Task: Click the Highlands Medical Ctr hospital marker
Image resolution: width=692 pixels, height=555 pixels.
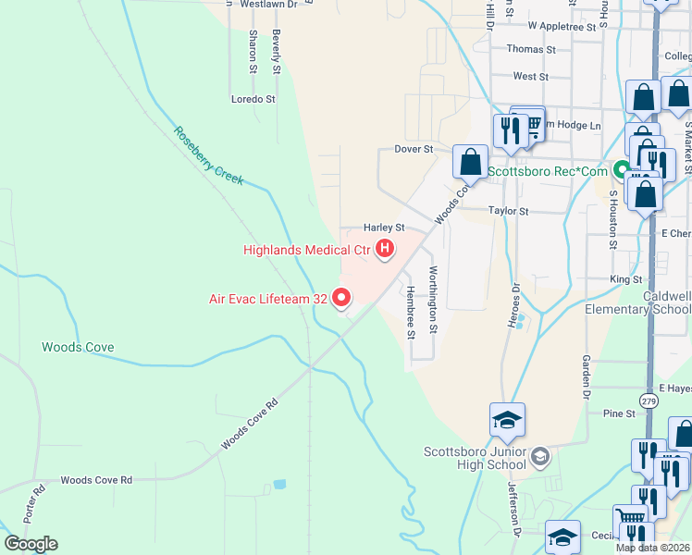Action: (x=384, y=249)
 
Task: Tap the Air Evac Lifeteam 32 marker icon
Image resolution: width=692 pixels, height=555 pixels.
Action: (x=341, y=298)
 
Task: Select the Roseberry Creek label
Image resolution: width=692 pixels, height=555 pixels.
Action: (x=208, y=154)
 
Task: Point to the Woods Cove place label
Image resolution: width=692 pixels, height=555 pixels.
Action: (x=78, y=348)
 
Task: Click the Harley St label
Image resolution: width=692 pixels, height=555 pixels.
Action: (x=384, y=228)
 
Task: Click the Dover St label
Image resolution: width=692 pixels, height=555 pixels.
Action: (x=414, y=149)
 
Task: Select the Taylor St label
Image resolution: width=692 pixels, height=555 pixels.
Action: (x=508, y=211)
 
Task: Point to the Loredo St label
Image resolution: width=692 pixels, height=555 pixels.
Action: (x=253, y=99)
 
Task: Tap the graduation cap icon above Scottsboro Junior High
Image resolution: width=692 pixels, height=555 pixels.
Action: (x=507, y=420)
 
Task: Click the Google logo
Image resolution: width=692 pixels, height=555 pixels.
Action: (x=31, y=544)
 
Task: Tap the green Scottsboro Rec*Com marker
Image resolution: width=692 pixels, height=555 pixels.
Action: (x=624, y=171)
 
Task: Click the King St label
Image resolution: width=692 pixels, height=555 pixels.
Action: (x=625, y=278)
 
